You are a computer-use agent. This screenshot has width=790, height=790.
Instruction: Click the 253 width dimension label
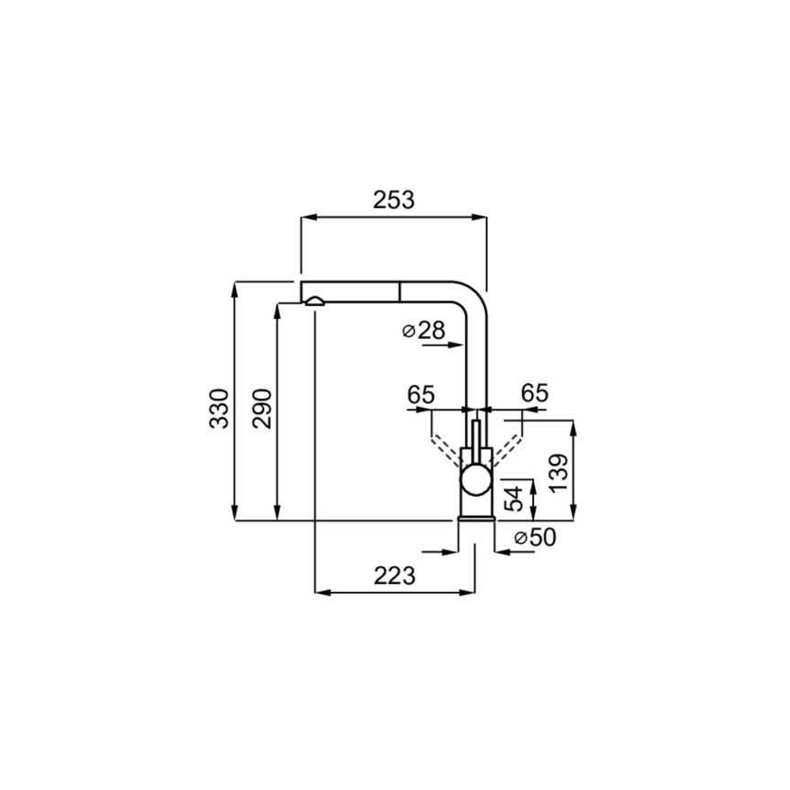(x=393, y=200)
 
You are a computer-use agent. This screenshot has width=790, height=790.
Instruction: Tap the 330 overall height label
(x=219, y=409)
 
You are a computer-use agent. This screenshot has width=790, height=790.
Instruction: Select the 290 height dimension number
(x=262, y=409)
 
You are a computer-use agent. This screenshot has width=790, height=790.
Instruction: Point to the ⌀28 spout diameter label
(x=424, y=331)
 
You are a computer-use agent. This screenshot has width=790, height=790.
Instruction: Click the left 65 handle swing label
(x=420, y=394)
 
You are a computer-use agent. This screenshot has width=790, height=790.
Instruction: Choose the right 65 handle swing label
(x=535, y=393)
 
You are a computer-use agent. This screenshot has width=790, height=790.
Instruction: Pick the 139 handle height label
(x=558, y=473)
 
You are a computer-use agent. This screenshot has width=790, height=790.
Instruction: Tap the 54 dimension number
(x=514, y=499)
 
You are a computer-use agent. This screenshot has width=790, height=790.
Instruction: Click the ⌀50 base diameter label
(x=535, y=538)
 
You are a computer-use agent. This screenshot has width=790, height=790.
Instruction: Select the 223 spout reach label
(x=394, y=576)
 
